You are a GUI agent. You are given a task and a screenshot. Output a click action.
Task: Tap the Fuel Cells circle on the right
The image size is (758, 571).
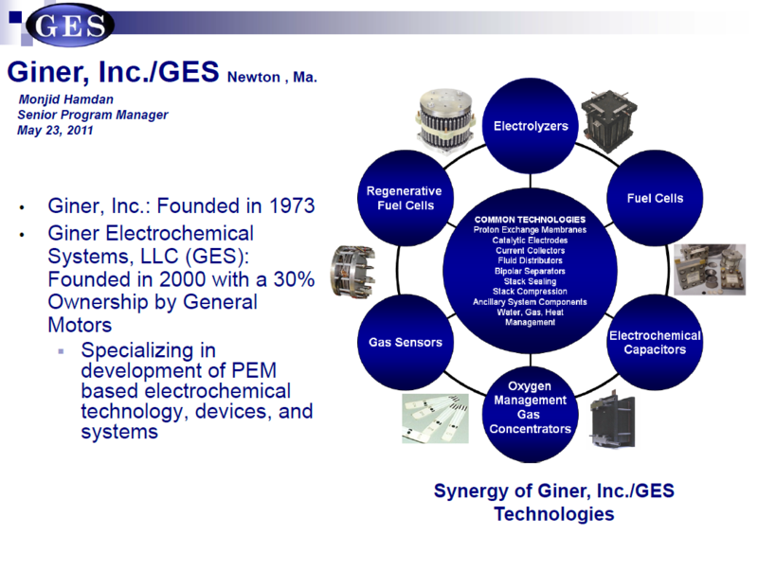[655, 198]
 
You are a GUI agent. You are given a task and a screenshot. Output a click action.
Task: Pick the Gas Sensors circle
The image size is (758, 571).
[405, 342]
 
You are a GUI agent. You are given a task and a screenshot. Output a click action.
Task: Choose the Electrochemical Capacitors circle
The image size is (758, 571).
[655, 342]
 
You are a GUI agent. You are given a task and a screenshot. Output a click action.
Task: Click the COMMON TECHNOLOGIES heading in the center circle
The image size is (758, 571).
[530, 220]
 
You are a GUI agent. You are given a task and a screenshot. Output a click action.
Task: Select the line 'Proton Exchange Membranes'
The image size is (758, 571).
[530, 230]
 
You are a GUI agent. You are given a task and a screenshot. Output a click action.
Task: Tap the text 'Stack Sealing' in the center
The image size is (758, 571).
[530, 281]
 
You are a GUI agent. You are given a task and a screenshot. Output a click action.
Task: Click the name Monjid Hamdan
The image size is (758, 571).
[64, 100]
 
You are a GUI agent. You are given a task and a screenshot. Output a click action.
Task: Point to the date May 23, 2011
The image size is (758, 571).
[55, 130]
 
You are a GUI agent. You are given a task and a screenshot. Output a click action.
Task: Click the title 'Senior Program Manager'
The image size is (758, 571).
[93, 115]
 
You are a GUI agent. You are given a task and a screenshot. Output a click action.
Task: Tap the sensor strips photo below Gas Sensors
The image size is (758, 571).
[437, 418]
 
